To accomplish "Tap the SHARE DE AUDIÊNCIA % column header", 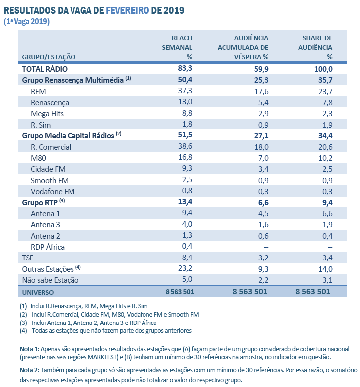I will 317,47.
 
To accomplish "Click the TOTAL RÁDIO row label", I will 45,69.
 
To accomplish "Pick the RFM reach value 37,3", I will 185,91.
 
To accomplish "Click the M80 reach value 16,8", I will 185,158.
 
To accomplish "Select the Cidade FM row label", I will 48,169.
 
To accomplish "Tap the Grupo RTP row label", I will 40,203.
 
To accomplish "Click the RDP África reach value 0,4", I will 187,247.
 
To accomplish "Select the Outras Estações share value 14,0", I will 325,269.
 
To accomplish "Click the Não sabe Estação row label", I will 51,280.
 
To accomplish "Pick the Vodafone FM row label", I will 53,192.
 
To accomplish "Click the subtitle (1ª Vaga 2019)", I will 27,21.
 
